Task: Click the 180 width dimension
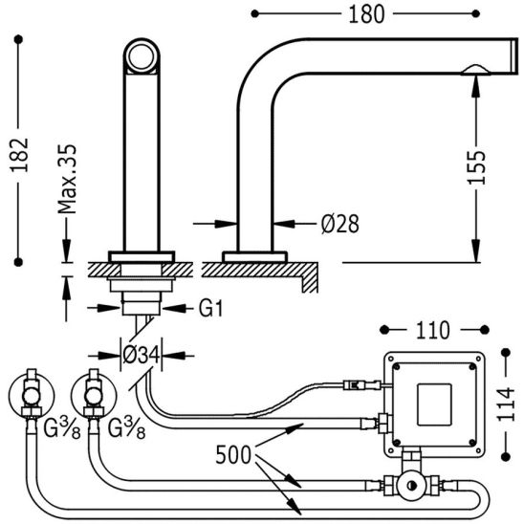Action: tap(366, 15)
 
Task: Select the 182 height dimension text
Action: tap(19, 155)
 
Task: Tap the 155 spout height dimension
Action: tap(475, 167)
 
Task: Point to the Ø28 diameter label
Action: tap(339, 224)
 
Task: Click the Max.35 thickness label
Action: tap(67, 179)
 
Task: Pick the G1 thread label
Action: tap(210, 308)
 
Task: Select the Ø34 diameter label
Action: tap(141, 355)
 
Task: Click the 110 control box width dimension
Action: tap(433, 331)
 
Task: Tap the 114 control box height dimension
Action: tap(506, 404)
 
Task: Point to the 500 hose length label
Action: tap(233, 455)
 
